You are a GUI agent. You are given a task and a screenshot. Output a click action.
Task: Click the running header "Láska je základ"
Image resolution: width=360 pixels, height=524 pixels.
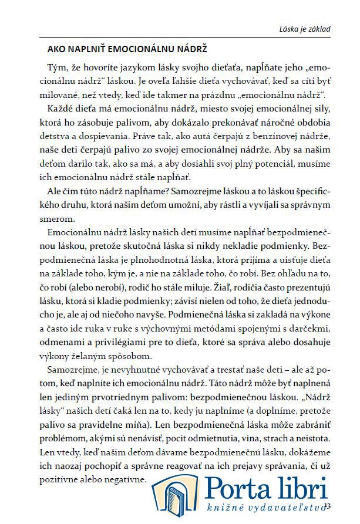[304, 29]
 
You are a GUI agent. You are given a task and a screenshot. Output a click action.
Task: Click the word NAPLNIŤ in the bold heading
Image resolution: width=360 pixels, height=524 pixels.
[83, 49]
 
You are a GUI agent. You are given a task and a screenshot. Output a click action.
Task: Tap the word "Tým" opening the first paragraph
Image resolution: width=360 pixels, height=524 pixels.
[56, 68]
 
